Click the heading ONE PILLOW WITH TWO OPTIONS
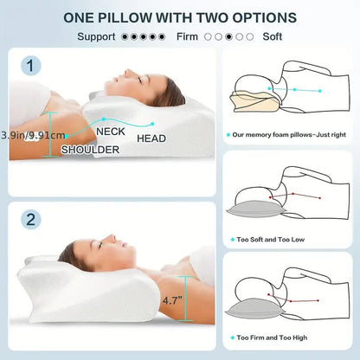180,17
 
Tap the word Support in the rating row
97,37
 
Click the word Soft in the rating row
273,37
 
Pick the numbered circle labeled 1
33,66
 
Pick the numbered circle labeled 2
31,219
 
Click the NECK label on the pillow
110,131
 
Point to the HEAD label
151,138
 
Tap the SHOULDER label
90,149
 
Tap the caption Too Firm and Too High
273,337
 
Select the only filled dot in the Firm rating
228,37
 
